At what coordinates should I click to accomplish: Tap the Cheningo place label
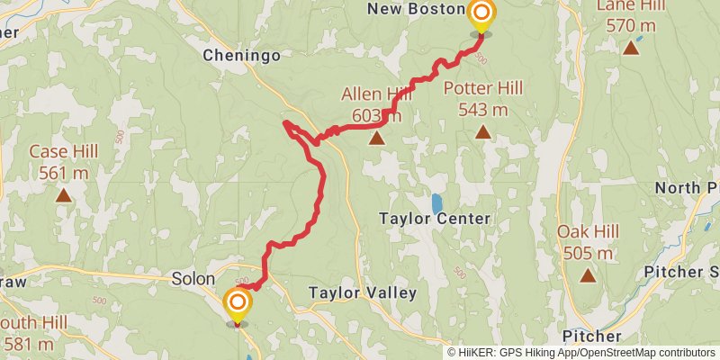(x=241, y=56)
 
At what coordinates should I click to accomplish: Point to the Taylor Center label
(x=435, y=219)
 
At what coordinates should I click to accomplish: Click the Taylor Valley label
(x=362, y=292)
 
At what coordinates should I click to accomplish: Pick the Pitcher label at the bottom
(x=591, y=336)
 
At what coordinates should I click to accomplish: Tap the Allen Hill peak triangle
(x=376, y=139)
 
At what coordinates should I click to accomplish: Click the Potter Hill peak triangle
(x=483, y=133)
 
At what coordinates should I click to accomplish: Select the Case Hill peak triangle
(x=63, y=194)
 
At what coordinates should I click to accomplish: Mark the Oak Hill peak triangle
(x=588, y=275)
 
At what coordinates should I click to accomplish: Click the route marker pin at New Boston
(x=482, y=13)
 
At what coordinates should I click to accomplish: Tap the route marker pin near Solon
(x=238, y=302)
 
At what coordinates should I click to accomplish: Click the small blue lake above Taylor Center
(x=436, y=202)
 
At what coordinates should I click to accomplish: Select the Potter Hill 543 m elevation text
(x=483, y=110)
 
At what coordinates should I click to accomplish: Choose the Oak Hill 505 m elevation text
(x=589, y=253)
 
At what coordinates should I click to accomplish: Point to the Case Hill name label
(x=63, y=151)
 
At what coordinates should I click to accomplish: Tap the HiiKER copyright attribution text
(x=581, y=353)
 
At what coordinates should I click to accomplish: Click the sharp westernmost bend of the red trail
(x=285, y=122)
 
